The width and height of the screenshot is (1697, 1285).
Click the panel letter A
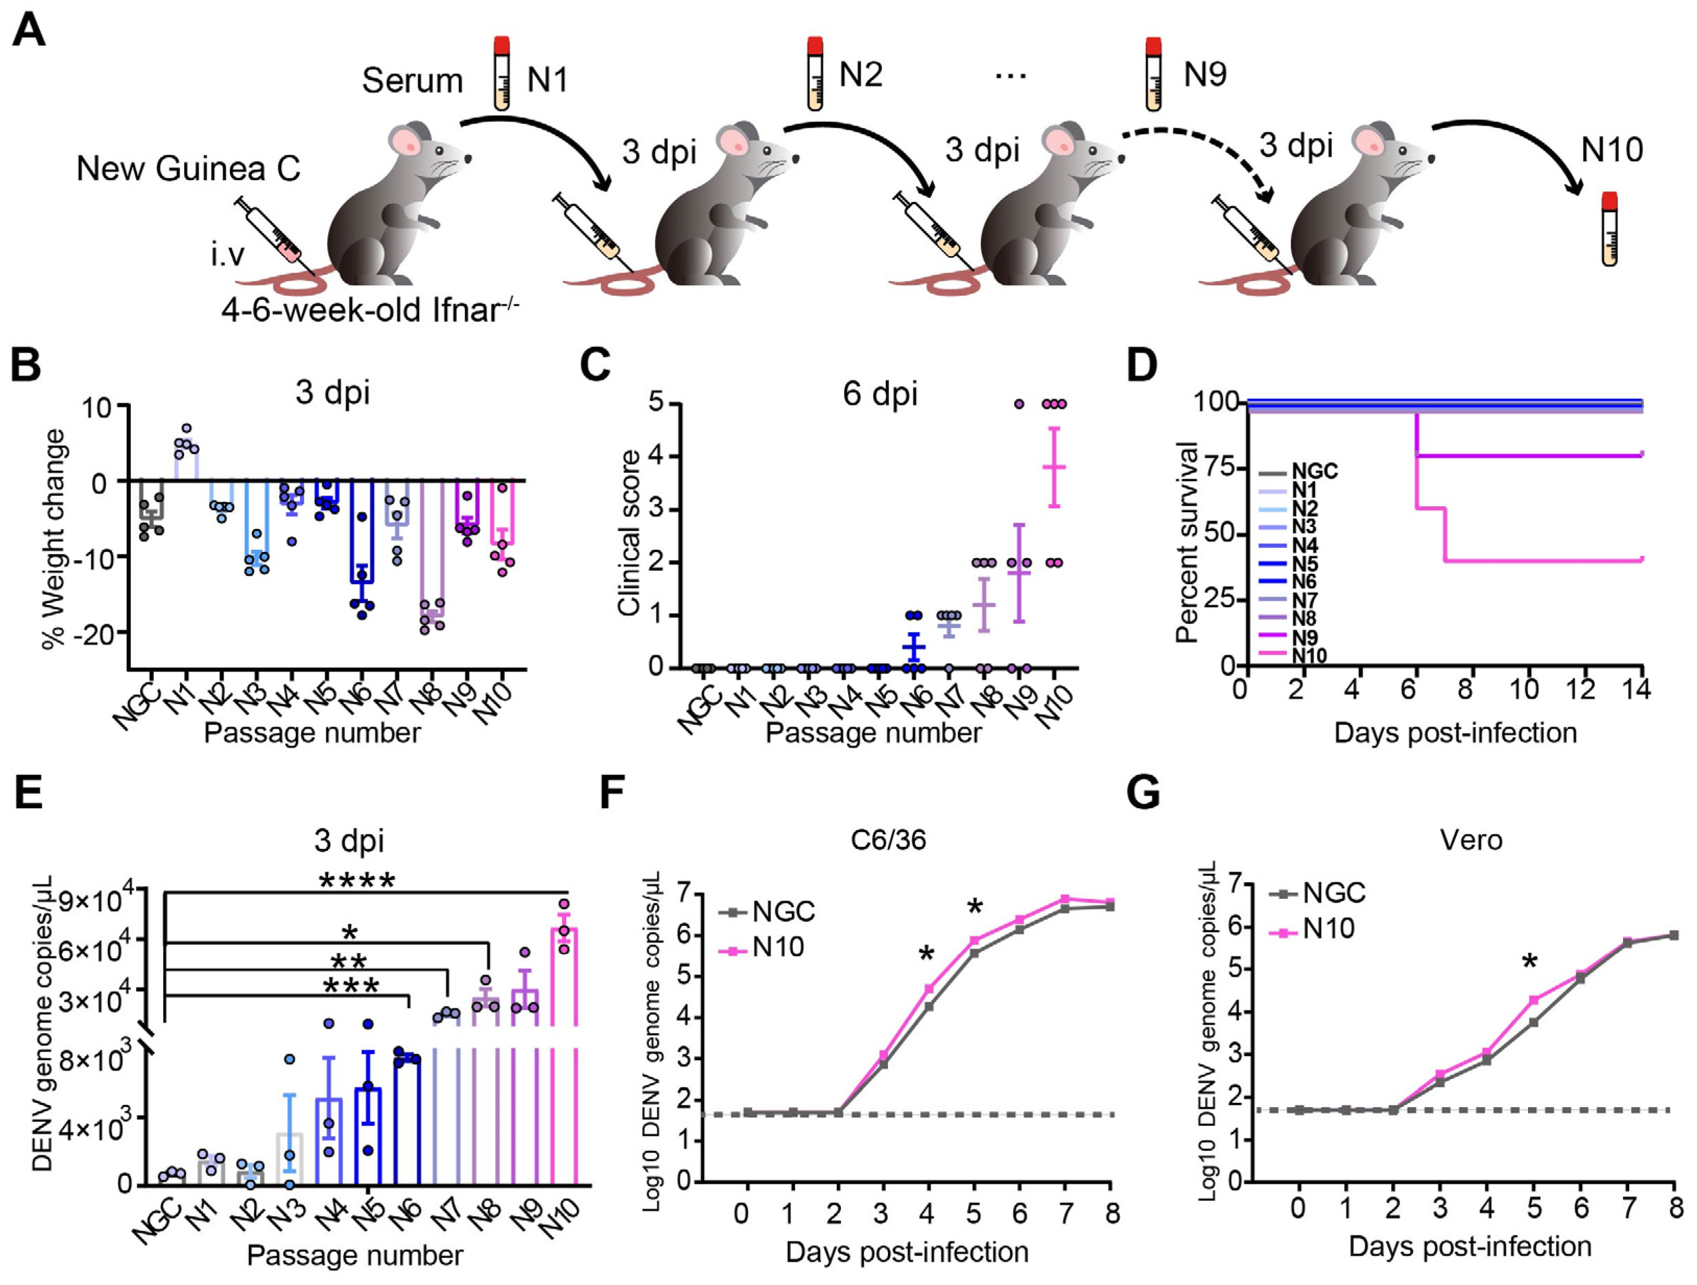pyautogui.click(x=29, y=32)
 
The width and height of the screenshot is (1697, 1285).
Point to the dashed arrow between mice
pyautogui.click(x=1197, y=153)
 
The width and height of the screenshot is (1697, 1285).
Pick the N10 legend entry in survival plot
pyautogui.click(x=1296, y=654)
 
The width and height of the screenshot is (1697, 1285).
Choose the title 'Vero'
pyautogui.click(x=1471, y=840)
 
